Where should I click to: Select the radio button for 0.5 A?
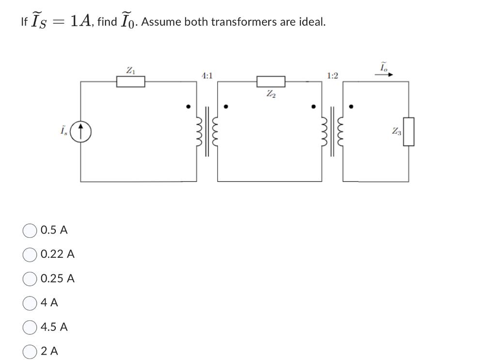coord(30,230)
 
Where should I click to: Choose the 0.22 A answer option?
coord(30,254)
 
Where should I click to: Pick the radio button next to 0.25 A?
coord(30,279)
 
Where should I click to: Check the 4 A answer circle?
coord(30,303)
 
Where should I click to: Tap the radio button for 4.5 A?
coord(30,327)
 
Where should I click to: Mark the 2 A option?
coord(30,351)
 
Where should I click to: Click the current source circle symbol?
coord(81,131)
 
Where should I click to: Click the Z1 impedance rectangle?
coord(130,81)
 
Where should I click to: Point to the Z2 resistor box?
coord(270,81)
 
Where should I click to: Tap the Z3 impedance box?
coord(408,131)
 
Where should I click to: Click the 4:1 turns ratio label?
coord(206,76)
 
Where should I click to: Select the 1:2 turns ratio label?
coord(333,76)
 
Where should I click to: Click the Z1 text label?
coord(130,70)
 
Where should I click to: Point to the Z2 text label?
coord(270,94)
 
